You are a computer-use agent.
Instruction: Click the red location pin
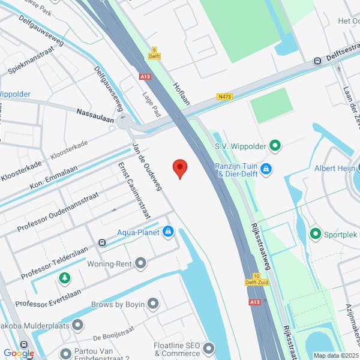tap(180, 168)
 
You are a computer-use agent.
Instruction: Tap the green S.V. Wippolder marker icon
tap(275, 145)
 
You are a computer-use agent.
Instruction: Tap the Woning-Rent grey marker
tap(140, 263)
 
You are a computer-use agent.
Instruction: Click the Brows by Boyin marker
tap(153, 304)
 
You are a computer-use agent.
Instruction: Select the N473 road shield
tap(225, 97)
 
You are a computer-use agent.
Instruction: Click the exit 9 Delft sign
tap(154, 53)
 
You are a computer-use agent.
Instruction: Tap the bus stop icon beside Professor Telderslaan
tap(102, 243)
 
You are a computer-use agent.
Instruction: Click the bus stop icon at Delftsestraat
tap(317, 61)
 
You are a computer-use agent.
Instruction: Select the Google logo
tap(19, 353)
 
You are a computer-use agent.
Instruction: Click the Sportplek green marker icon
tap(315, 233)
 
